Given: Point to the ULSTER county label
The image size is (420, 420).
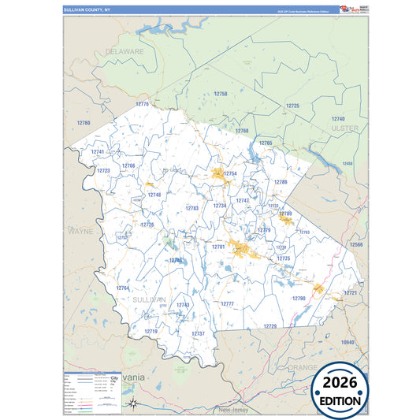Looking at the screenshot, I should tap(345, 128).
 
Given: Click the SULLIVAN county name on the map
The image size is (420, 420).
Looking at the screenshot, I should tap(149, 300).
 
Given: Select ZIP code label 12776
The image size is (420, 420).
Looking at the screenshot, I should tap(142, 104).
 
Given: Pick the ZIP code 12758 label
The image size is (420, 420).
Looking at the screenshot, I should tap(221, 94).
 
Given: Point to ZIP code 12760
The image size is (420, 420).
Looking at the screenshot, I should tap(84, 123).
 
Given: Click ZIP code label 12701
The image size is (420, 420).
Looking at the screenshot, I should tap(218, 247).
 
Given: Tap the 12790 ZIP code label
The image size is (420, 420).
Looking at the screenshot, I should tap(299, 299).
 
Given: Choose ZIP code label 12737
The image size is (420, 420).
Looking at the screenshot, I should tap(199, 333).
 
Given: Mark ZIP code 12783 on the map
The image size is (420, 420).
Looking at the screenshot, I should tap(191, 208).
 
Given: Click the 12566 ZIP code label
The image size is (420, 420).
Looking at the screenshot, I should tap(357, 245).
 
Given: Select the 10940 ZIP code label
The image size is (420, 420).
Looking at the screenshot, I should tap(348, 342).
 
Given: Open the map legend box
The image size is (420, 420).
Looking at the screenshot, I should tap(91, 392).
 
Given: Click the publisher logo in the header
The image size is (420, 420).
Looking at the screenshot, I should tap(348, 9).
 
